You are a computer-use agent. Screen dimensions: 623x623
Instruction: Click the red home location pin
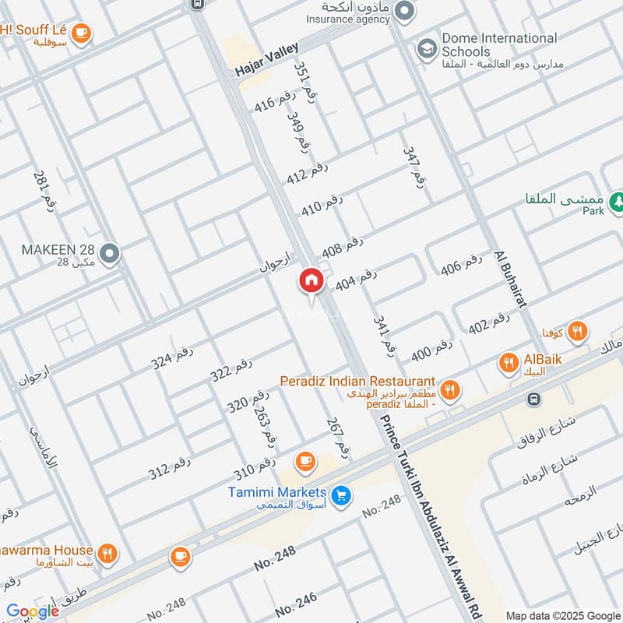311,282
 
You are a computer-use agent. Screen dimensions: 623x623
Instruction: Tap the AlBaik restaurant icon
509,362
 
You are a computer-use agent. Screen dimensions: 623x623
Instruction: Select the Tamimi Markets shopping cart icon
340,495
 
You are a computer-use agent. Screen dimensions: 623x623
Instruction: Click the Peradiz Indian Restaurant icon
449,389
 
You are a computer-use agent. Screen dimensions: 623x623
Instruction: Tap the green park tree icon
616,202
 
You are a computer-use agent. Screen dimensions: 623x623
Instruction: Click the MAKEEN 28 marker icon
111,253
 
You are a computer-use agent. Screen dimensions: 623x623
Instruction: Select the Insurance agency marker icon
403,10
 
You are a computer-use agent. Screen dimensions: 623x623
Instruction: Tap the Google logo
32,611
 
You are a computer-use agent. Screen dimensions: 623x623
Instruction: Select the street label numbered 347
415,165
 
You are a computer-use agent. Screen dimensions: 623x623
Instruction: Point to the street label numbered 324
171,357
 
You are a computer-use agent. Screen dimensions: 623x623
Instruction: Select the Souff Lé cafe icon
80,33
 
